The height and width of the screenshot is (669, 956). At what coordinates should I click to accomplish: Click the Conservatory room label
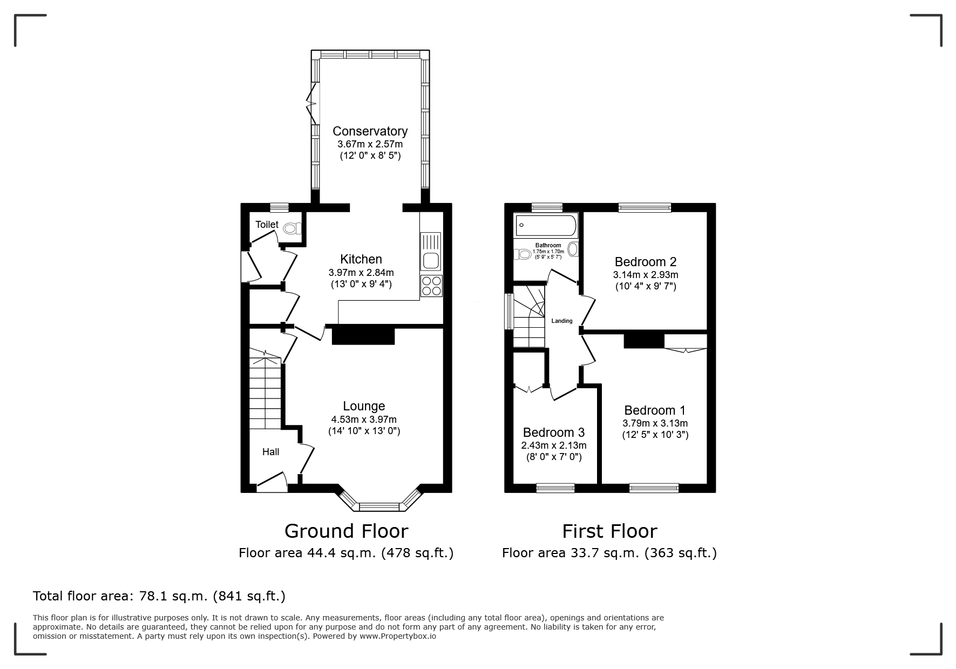coord(370,131)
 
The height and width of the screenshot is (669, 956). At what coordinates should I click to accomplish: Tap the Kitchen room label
coord(361,259)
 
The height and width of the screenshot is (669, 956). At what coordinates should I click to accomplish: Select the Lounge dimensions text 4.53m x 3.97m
coord(364,420)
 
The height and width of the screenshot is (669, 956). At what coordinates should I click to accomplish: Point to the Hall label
coord(270,451)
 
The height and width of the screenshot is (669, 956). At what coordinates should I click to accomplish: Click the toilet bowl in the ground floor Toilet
coord(291,228)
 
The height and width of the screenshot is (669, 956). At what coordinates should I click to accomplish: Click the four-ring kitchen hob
coord(431,286)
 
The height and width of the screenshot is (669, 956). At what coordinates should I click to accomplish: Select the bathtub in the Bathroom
coord(546,225)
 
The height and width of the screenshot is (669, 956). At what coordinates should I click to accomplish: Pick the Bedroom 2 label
coord(646,262)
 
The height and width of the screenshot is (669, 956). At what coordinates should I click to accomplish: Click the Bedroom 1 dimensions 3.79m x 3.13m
coord(655,423)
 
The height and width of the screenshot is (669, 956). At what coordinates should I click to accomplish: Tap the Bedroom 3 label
coord(554,433)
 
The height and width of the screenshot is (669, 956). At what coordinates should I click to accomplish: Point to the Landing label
coord(562,321)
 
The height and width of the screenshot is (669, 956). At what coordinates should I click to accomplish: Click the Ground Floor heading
coord(346,531)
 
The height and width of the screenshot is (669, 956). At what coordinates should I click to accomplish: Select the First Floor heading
coord(609,531)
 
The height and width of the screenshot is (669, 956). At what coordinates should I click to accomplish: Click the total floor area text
coord(159,596)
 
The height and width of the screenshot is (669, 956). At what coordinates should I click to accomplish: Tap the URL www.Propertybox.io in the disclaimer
coord(398,636)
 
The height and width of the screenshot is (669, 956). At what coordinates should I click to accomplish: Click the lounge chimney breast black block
coord(363,334)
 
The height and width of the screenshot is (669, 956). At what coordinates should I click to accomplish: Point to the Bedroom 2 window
coord(645,207)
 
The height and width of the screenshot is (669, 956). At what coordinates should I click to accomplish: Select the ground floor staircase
coord(265,389)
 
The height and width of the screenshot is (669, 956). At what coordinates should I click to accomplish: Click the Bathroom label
coord(548,245)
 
